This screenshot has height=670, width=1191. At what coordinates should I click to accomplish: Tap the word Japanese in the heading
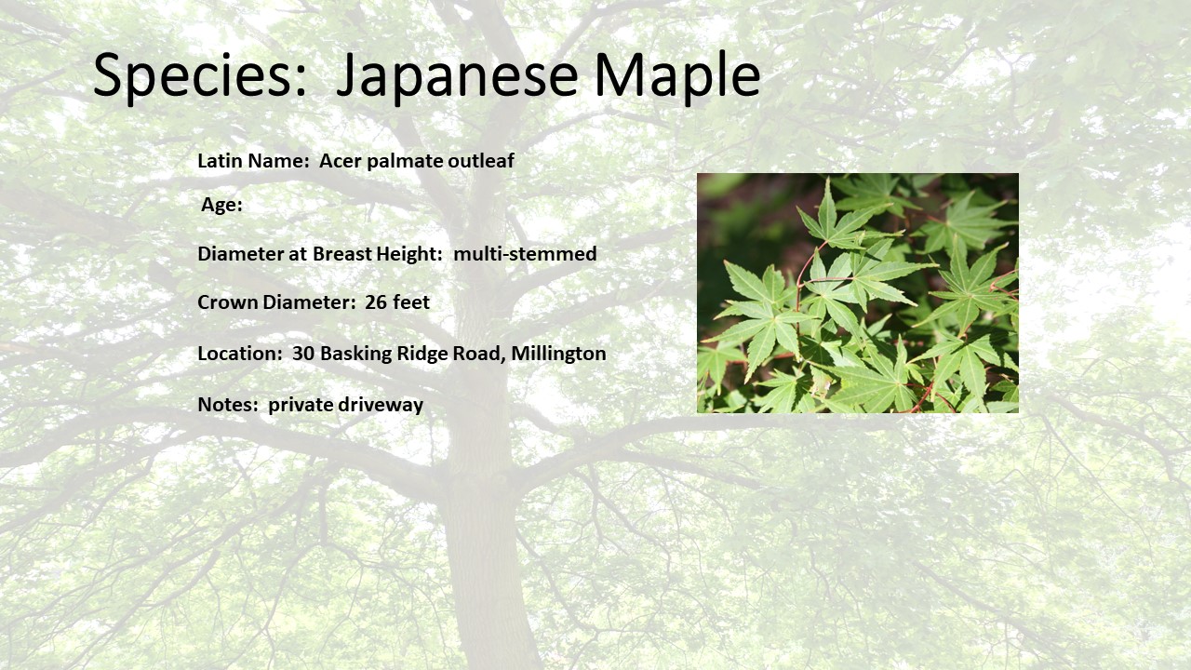point(457,75)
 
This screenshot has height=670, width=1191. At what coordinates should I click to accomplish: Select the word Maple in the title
point(677,75)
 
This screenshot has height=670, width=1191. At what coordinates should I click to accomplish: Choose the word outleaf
point(481,161)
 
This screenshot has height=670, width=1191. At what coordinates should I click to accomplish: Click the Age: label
point(221,206)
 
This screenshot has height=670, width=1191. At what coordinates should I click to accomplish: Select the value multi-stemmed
point(525,254)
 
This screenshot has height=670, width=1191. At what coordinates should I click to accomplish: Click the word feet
point(411,302)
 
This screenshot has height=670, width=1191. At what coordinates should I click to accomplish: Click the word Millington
point(558,354)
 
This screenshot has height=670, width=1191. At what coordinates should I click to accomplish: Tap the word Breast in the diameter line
point(341,254)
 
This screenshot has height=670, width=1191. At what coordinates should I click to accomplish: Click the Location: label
point(240,354)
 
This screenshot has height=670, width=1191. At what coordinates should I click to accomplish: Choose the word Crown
point(228,302)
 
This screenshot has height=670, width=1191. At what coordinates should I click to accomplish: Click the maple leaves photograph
point(858,293)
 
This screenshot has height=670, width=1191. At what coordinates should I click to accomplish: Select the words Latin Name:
point(254,161)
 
